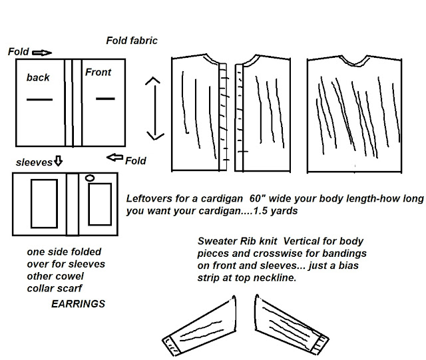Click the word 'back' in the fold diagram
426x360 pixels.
tap(38, 78)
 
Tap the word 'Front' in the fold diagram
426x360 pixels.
tap(98, 72)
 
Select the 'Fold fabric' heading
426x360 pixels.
tap(132, 41)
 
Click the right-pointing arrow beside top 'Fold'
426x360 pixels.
tap(41, 51)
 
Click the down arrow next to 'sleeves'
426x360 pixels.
tap(57, 161)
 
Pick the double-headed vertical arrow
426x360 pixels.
tap(154, 108)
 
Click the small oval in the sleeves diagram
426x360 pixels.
tap(91, 178)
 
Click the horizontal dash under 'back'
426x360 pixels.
tap(39, 100)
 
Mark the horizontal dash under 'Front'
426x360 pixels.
tap(106, 99)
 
